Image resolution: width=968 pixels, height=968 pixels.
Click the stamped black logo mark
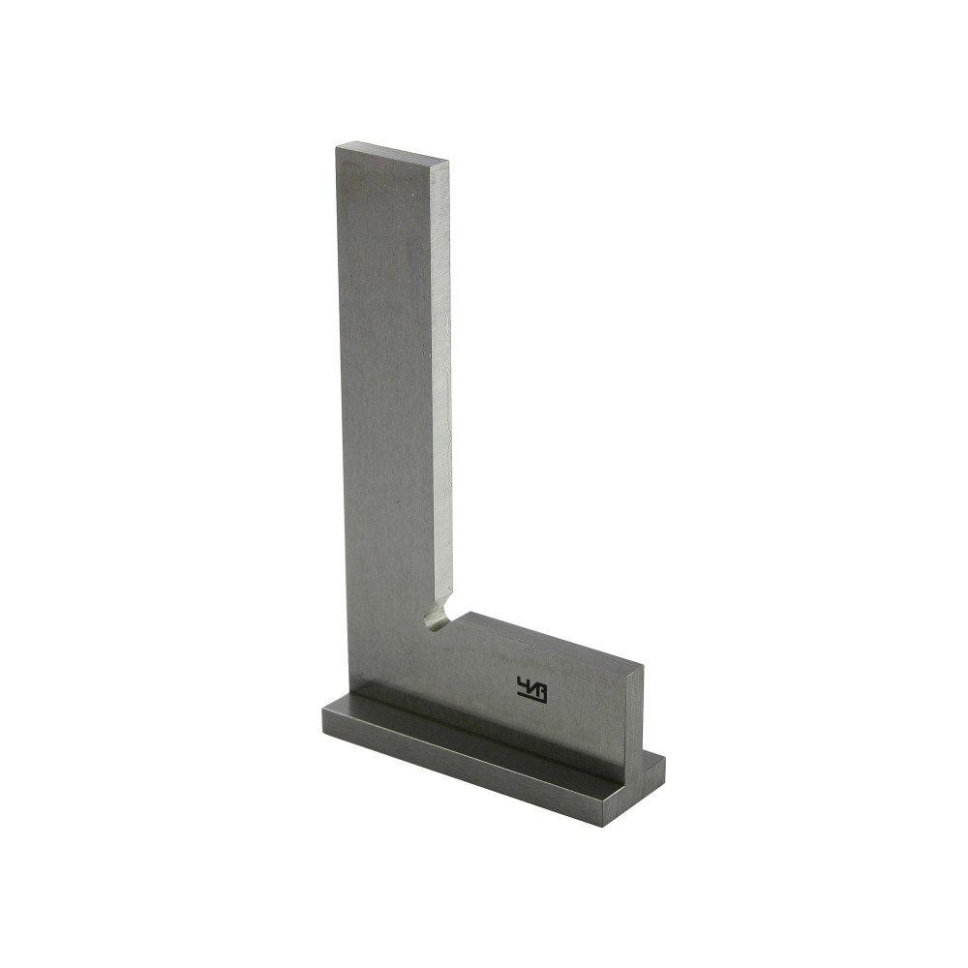tap(532, 689)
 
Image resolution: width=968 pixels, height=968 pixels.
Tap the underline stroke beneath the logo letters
tap(532, 700)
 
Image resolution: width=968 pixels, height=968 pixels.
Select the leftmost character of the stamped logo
tap(524, 684)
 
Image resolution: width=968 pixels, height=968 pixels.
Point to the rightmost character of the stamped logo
tap(539, 691)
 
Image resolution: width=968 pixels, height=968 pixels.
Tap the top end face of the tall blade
tap(392, 153)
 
